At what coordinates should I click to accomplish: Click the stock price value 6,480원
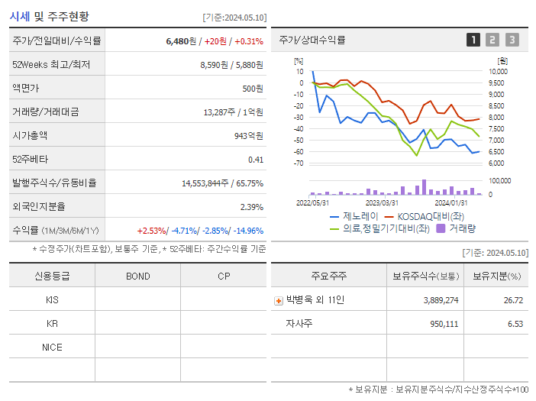[x=181, y=41]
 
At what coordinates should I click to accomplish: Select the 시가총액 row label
[x=31, y=136]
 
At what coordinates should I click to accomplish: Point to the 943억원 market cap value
[x=248, y=136]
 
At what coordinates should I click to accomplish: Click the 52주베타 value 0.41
[x=256, y=160]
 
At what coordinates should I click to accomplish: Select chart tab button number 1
[x=473, y=40]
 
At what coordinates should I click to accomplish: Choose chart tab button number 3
[x=512, y=40]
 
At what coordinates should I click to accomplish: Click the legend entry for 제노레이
[x=355, y=217]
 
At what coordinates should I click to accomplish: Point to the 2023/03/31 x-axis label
[x=382, y=202]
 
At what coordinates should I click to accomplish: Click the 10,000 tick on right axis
[x=497, y=72]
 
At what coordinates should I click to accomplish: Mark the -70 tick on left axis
[x=299, y=163]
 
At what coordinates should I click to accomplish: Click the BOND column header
[x=137, y=276]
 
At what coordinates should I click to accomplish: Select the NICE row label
[x=52, y=347]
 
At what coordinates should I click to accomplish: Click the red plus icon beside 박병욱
[x=279, y=300]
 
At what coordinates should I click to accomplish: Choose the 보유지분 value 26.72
[x=512, y=300]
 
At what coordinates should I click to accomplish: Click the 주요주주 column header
[x=327, y=276]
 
